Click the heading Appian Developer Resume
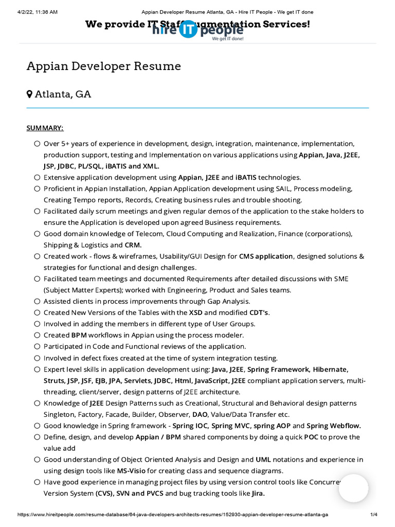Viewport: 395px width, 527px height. [x=104, y=66]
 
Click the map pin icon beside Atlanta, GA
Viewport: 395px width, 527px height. [x=30, y=94]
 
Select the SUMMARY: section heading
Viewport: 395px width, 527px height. [x=45, y=128]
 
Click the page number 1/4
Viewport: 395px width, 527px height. [x=374, y=515]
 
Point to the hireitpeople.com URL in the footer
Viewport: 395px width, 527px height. [x=173, y=515]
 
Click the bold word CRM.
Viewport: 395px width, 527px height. [x=133, y=245]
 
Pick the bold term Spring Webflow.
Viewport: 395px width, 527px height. [x=334, y=426]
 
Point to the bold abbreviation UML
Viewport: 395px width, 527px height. [x=263, y=460]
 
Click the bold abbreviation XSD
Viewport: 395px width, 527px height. [x=196, y=312]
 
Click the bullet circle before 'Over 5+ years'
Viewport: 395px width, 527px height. [x=37, y=144]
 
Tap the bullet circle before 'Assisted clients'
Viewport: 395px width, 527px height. [x=37, y=302]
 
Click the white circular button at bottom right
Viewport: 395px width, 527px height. [x=353, y=488]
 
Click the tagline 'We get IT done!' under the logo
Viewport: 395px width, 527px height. [x=228, y=39]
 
